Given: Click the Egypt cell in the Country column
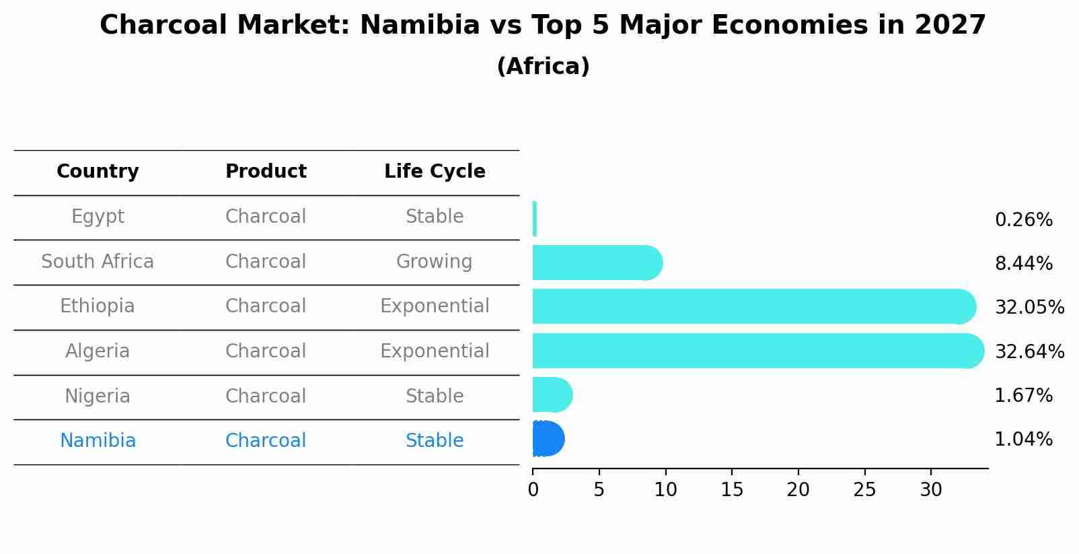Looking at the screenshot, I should tap(98, 217).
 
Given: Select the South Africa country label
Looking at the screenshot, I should tap(98, 262).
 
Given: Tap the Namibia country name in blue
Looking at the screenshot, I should tap(98, 441).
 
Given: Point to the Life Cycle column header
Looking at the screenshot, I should tap(435, 172).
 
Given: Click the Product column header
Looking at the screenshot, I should tap(266, 172).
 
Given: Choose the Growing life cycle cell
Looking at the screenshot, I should tap(435, 262).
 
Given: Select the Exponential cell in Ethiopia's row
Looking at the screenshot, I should tap(435, 306).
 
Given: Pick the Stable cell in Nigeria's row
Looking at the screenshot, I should tap(435, 396).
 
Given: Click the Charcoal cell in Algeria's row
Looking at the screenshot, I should tap(266, 351).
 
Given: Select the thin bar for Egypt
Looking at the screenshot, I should tap(535, 219).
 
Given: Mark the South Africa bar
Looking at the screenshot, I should tap(595, 263).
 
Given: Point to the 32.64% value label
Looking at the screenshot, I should tap(1029, 352).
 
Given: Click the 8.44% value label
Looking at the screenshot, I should tap(1023, 264).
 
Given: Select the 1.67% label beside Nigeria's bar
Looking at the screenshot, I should tap(1023, 396).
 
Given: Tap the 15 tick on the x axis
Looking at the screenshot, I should tap(732, 490).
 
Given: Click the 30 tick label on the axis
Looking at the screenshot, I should tap(931, 490).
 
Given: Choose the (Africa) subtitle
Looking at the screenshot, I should tap(543, 67).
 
